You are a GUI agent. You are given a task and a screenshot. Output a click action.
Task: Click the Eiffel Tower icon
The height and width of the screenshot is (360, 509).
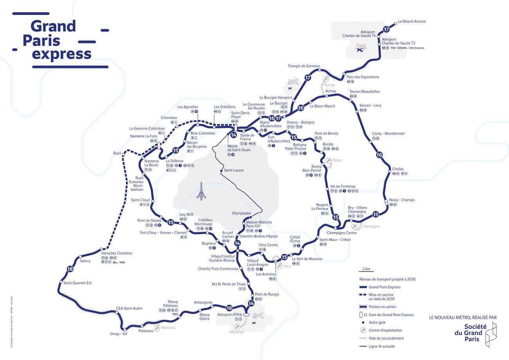point(201,191)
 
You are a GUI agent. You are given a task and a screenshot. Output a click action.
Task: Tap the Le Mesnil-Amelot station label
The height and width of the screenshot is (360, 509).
point(412,22)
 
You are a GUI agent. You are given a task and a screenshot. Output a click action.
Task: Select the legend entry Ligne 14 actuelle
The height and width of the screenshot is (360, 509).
point(382,346)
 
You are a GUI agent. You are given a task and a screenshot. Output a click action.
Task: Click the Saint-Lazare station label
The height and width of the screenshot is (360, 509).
point(233,170)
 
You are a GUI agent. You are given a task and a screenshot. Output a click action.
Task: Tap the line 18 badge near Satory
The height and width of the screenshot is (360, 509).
point(70,269)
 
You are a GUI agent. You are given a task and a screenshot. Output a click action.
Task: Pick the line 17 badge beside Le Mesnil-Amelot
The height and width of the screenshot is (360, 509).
point(386,29)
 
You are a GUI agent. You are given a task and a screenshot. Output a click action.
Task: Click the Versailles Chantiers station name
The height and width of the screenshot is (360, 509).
point(116,253)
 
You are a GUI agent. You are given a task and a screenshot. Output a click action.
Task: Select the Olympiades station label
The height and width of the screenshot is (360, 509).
point(241,213)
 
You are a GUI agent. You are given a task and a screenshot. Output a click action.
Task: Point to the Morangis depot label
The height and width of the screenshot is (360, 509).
point(237,332)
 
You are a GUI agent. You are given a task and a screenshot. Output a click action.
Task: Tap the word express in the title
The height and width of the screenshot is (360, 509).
point(61,54)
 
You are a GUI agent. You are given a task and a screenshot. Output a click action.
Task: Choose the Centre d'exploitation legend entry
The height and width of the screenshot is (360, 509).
point(385,330)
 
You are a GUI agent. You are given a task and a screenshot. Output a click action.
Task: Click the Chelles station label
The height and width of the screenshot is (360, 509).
point(398,169)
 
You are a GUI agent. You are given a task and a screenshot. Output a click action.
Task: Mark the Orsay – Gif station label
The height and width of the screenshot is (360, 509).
point(119,334)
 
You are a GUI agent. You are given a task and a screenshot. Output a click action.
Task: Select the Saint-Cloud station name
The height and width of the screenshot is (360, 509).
point(141,200)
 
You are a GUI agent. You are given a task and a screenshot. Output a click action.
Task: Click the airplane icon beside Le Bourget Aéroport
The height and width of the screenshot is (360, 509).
point(293,82)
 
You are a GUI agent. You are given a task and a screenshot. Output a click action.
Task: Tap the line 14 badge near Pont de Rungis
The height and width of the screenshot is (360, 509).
point(251,303)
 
